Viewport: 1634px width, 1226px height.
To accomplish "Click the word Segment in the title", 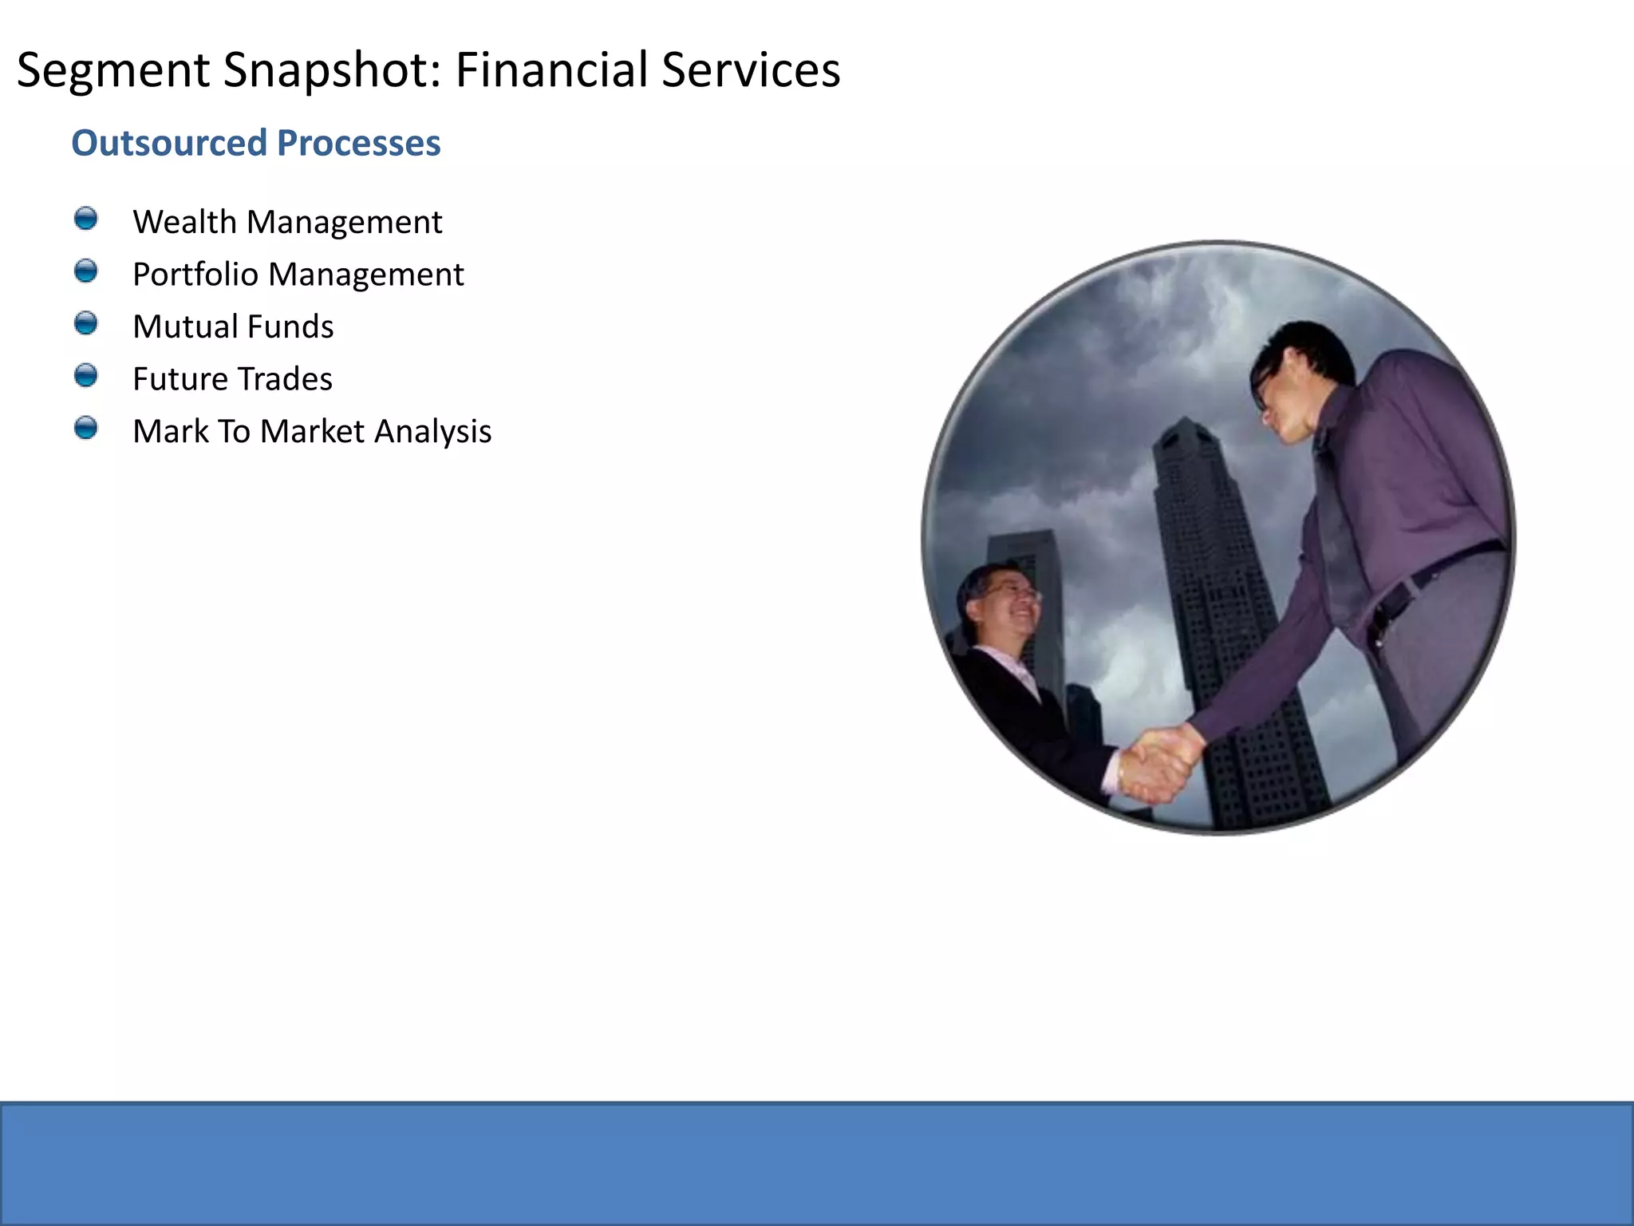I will [x=112, y=70].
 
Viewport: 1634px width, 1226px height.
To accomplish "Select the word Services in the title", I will [x=751, y=69].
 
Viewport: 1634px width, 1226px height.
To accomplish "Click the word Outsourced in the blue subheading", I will [x=168, y=144].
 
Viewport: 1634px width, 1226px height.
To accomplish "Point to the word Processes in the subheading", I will [x=358, y=144].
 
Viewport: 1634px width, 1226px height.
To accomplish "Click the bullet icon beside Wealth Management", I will [x=85, y=219].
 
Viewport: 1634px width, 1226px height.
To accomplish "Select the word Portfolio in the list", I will [x=195, y=275].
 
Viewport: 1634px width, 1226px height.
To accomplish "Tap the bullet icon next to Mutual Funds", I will [x=85, y=323].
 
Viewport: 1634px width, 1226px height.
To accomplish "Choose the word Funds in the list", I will [x=290, y=326].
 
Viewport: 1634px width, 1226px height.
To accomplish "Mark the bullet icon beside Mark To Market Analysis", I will [x=85, y=428].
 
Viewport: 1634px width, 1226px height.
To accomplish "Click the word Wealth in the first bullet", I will [x=184, y=222].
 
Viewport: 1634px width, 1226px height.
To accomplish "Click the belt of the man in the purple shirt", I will [x=1436, y=571].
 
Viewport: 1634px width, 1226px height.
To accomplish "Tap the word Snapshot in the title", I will [x=331, y=70].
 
